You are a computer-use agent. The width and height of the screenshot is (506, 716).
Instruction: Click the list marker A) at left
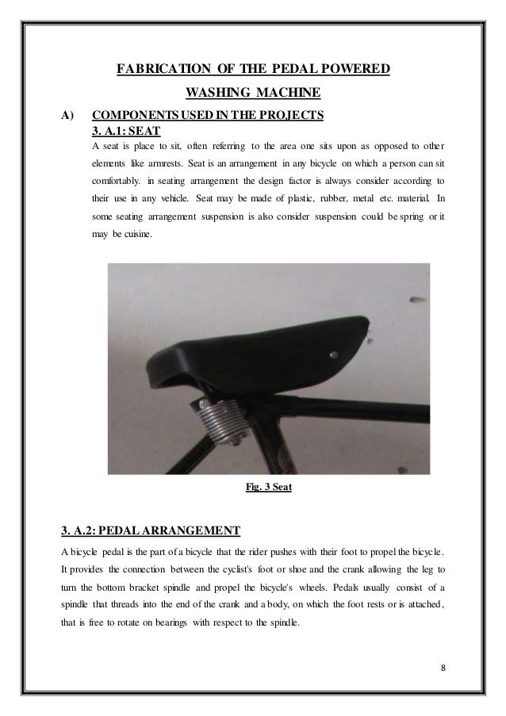[x=68, y=117]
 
